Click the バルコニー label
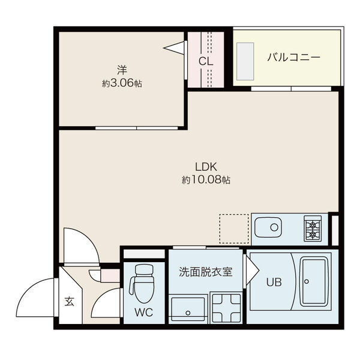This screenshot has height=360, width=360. pyautogui.click(x=293, y=58)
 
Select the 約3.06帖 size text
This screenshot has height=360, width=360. pyautogui.click(x=122, y=84)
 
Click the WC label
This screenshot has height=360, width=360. pyautogui.click(x=143, y=312)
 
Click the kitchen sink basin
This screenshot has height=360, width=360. pyautogui.click(x=268, y=229)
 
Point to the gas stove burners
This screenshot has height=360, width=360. pyautogui.click(x=313, y=229)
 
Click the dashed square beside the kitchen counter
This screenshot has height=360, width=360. pyautogui.click(x=233, y=229)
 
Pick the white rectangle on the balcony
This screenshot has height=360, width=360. pyautogui.click(x=247, y=58)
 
